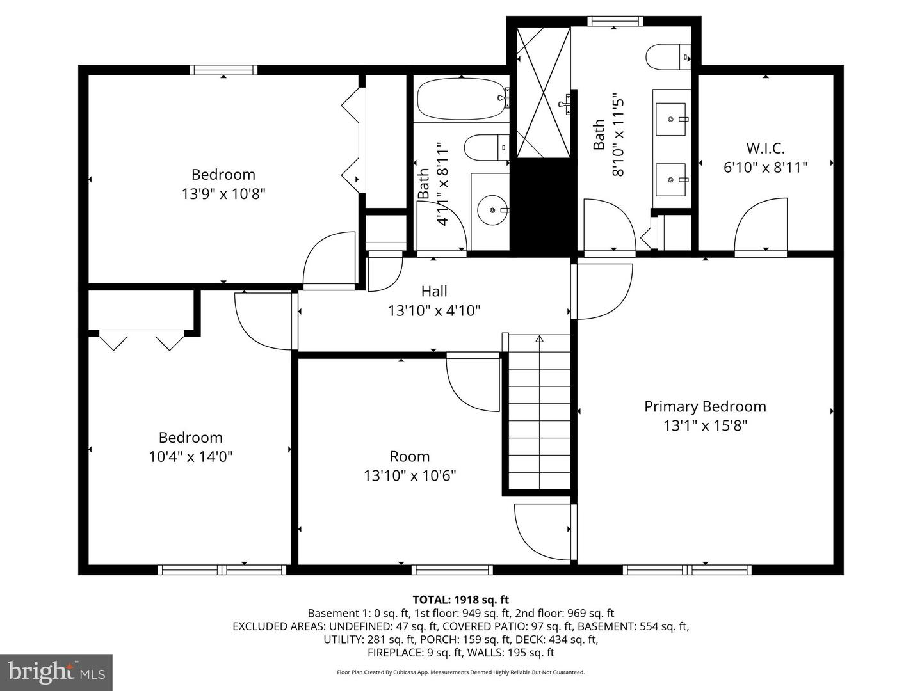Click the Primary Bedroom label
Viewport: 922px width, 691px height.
705,406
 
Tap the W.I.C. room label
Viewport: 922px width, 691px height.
765,148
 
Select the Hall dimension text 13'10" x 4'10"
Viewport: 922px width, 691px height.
434,311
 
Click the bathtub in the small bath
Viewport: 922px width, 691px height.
461,99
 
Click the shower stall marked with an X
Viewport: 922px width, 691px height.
543,92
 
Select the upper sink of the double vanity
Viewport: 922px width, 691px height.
671,119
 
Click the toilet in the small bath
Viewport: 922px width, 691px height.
485,148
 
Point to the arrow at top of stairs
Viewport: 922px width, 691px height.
539,339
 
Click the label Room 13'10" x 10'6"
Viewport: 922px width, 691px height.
410,466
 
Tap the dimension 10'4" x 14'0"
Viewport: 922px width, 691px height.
190,457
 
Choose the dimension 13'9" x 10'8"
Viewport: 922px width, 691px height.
223,193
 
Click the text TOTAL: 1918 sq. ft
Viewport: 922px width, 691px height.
460,600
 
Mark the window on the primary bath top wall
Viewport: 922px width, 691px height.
615,21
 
